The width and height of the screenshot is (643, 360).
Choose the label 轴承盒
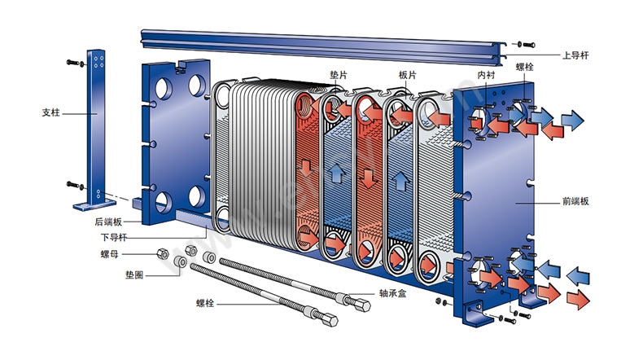click(x=393, y=293)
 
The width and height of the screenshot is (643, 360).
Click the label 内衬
click(x=487, y=74)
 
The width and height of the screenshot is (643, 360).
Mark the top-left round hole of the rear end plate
click(x=160, y=88)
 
